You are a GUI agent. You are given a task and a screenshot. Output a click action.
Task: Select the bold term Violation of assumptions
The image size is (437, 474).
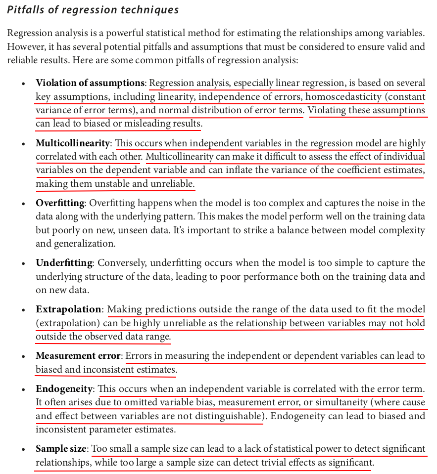[x=90, y=83]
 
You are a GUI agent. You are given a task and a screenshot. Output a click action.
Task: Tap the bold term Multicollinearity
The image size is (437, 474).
[x=72, y=143]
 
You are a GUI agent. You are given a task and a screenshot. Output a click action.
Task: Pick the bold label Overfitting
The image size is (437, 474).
[x=60, y=203]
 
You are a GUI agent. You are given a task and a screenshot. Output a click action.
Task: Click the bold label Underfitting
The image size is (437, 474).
[x=64, y=263]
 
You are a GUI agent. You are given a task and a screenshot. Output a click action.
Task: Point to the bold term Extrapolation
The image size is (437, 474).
[x=68, y=309]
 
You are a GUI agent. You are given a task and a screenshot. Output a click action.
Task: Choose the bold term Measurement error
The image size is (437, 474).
[x=78, y=356]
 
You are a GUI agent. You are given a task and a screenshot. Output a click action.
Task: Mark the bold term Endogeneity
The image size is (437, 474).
[x=64, y=389]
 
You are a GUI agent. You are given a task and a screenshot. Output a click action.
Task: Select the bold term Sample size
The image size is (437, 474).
[x=61, y=449]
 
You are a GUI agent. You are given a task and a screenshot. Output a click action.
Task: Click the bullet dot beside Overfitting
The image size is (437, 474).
[x=23, y=204]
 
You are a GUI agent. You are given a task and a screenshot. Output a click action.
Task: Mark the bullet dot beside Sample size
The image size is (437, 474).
[x=23, y=449]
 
